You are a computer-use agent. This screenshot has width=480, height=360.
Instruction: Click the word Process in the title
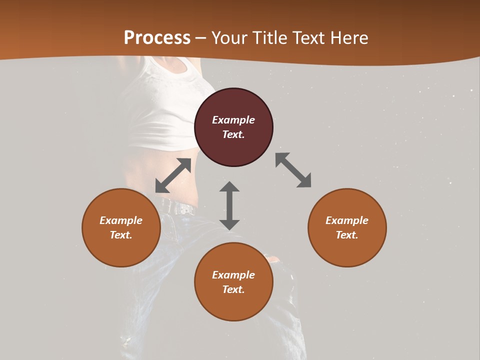coord(157,38)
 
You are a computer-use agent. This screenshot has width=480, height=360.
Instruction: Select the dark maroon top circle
coord(233,127)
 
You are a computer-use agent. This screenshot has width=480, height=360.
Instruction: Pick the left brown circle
coord(121,227)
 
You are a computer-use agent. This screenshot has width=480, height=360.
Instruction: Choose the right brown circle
coord(347,227)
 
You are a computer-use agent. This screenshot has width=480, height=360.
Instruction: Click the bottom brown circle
coord(233,281)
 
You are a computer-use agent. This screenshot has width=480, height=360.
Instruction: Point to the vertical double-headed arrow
coord(229,205)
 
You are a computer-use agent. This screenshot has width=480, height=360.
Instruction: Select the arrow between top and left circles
coord(173,175)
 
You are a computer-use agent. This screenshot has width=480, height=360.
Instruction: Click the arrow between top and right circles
coord(293,170)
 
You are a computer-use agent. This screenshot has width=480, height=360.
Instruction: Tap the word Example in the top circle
coord(233,120)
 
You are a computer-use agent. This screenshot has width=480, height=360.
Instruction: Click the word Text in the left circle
coord(121,235)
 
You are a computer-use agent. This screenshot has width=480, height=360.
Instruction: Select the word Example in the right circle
coord(347,220)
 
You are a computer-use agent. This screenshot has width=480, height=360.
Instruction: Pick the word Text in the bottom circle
coord(233,289)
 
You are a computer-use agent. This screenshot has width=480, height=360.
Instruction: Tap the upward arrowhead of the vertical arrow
coord(229,188)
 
